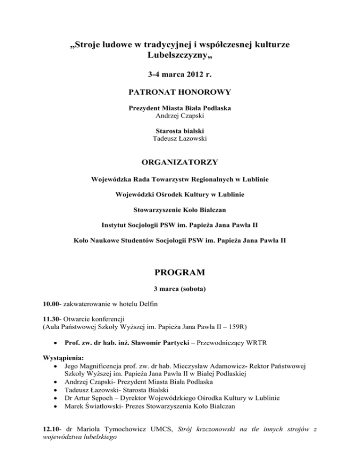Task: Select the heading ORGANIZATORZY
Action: point(180,163)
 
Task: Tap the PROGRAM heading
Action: point(180,271)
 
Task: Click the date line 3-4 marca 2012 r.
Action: point(180,74)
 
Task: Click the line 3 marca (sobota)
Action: point(180,288)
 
